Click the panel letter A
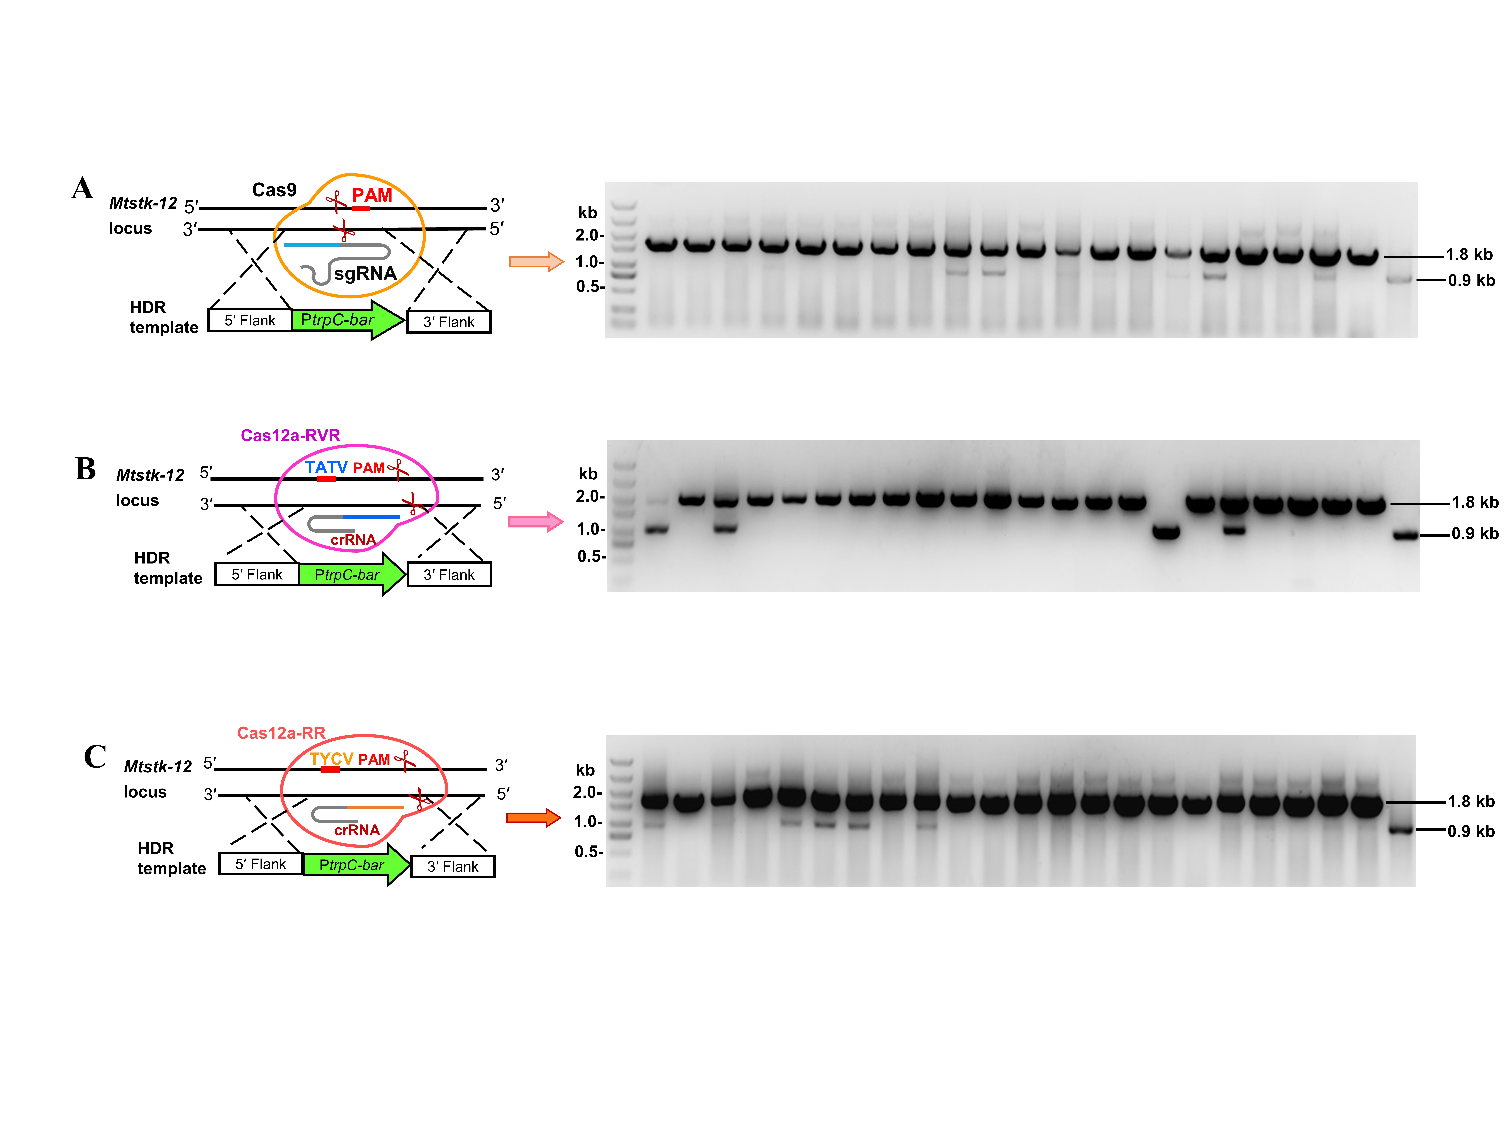(82, 188)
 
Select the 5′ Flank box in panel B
(257, 574)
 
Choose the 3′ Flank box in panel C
(453, 866)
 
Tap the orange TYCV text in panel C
(332, 759)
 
